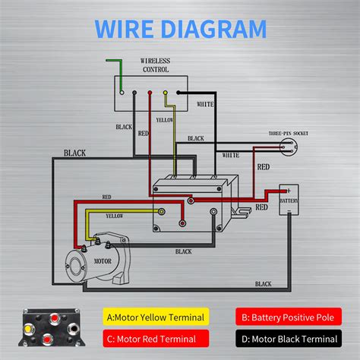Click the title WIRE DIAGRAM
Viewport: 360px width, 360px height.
point(180,29)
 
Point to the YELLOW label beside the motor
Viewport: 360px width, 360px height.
point(115,216)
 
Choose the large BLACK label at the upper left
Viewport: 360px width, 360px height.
point(74,153)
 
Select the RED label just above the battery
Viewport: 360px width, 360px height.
point(263,166)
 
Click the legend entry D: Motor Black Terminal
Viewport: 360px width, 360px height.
point(286,338)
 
